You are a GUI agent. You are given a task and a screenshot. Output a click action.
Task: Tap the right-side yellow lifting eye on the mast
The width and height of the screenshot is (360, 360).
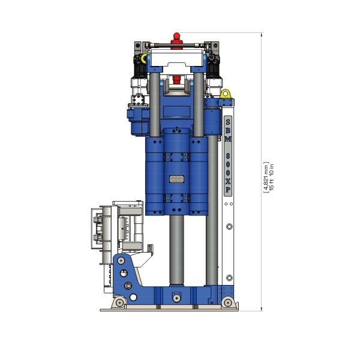226,94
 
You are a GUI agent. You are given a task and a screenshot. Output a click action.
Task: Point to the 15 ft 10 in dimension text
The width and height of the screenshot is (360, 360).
271,176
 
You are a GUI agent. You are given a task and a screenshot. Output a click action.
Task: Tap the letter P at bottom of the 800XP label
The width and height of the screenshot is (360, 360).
228,189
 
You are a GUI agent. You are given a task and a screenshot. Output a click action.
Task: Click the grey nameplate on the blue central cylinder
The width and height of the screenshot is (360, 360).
176,179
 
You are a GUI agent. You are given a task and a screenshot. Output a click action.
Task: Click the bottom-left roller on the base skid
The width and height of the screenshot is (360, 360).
121,302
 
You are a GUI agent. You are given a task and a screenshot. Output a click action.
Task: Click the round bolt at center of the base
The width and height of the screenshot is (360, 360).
176,298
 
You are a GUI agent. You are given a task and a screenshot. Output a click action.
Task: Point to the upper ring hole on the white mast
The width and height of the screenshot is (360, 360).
229,227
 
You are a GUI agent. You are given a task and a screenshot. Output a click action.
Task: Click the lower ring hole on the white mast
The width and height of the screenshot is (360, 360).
229,277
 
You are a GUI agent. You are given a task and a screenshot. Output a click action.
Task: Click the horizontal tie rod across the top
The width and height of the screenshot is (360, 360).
176,45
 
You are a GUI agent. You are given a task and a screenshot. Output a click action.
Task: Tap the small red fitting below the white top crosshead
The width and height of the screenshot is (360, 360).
176,79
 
